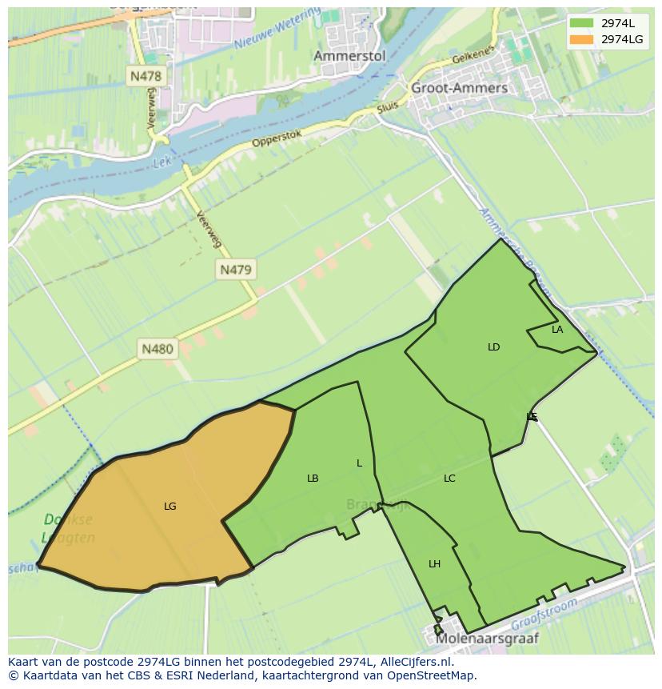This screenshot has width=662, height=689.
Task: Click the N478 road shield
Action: (x=145, y=77)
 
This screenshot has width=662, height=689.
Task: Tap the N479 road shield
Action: (x=235, y=270)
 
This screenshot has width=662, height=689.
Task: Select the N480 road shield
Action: (x=157, y=349)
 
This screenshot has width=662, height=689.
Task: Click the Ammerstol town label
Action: (x=349, y=56)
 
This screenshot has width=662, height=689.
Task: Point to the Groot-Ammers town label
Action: (x=459, y=88)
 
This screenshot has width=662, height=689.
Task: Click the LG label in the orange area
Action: (x=169, y=507)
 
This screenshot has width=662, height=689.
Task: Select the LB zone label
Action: (x=313, y=479)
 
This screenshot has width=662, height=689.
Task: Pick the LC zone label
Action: (x=449, y=479)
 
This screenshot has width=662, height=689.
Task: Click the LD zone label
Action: (x=493, y=347)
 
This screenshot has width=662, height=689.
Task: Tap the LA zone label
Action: (x=557, y=330)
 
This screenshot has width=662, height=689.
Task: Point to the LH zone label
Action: (x=434, y=564)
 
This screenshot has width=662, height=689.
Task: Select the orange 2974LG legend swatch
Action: (x=582, y=39)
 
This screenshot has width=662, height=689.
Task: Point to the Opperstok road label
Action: (x=277, y=138)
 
